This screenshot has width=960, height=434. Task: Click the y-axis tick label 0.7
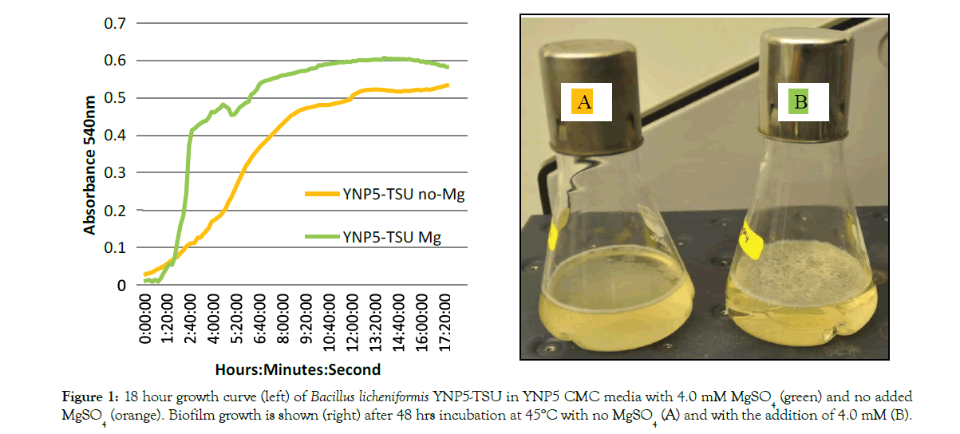(x=115, y=23)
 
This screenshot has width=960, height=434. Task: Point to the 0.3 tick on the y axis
(x=115, y=172)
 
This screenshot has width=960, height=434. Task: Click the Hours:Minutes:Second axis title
(x=298, y=369)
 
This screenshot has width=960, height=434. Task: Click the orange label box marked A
(x=585, y=101)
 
